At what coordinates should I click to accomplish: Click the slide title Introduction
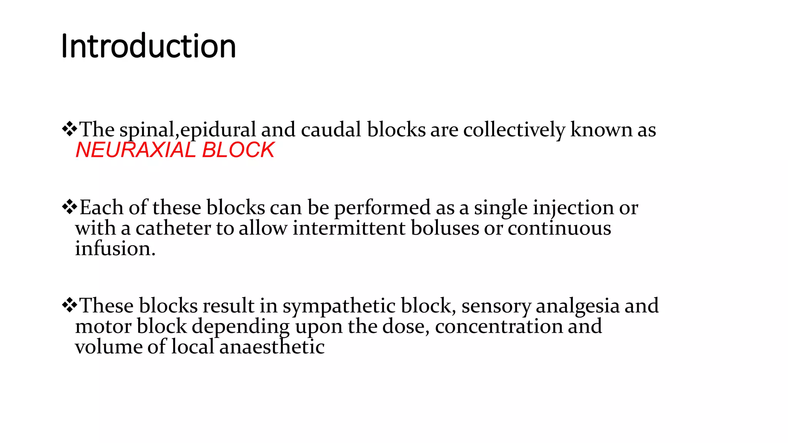148,46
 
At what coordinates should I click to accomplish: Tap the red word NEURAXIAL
136,150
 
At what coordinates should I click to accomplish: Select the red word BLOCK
238,150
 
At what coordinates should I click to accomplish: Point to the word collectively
514,130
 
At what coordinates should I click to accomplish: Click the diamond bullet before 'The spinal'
70,129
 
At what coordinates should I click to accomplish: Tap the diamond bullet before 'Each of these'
70,207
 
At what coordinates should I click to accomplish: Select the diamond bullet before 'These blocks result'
70,305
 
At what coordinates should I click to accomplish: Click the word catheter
173,228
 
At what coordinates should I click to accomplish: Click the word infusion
115,248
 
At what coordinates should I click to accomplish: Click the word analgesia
578,306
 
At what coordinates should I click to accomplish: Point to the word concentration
499,326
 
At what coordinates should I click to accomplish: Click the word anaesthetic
272,347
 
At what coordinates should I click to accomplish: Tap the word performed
382,208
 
